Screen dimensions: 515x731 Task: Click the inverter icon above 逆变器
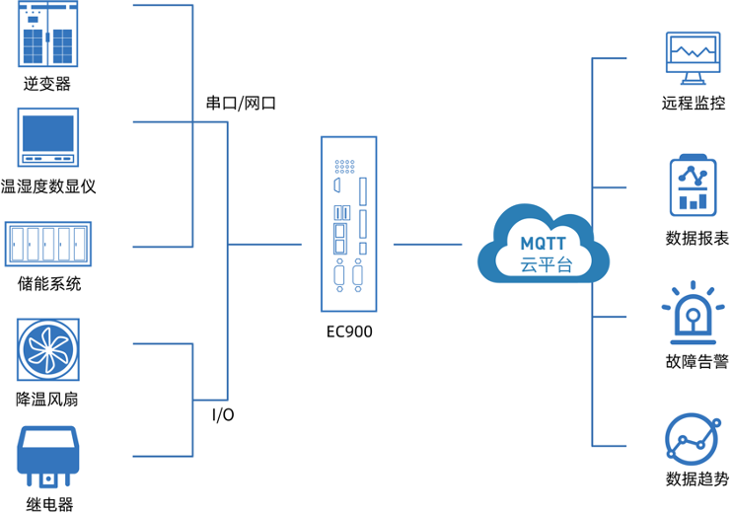(48, 35)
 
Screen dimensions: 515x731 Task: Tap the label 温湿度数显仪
(48, 186)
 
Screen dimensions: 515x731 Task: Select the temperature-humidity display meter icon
(48, 137)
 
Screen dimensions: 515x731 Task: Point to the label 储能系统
(48, 285)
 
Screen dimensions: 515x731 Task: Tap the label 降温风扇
(47, 400)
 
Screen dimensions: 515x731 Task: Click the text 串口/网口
(240, 103)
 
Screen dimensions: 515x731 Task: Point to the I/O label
(224, 414)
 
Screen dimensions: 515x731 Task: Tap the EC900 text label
(349, 331)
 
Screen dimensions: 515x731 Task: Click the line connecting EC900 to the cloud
(427, 243)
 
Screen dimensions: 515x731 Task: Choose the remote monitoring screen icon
(694, 59)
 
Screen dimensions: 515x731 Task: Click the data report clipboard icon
(694, 185)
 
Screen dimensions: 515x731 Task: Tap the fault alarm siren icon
(694, 314)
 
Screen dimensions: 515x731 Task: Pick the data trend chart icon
(694, 438)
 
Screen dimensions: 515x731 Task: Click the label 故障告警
(696, 362)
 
